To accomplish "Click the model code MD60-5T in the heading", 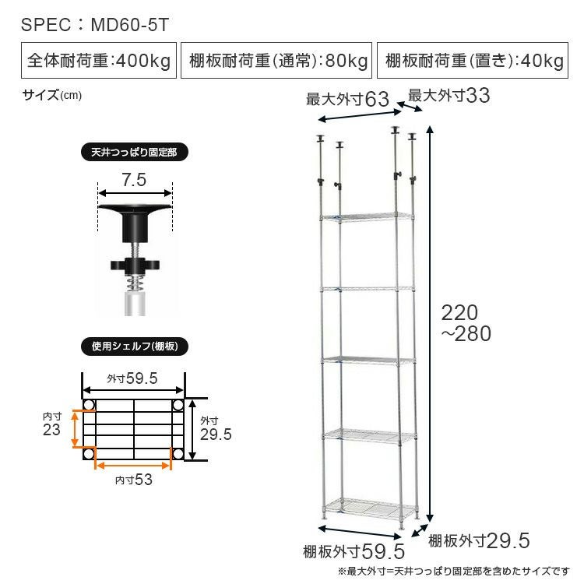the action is (130, 25).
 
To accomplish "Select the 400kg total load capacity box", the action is (99, 60).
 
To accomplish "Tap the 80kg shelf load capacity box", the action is (276, 60).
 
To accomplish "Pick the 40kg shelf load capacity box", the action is (473, 60).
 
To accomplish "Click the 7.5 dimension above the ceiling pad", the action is (134, 180).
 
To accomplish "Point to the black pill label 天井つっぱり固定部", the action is (135, 153).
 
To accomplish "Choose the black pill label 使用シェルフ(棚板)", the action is (135, 347).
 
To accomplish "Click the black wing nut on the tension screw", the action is (135, 266).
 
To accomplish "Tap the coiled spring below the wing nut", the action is (135, 283).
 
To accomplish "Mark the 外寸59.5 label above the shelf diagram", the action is (132, 378).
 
